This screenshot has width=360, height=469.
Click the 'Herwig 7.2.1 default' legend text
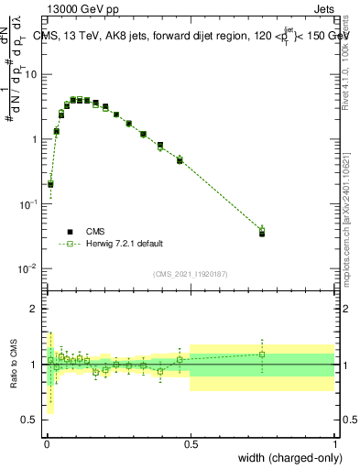[126, 244]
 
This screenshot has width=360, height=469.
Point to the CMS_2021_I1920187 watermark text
[191, 274]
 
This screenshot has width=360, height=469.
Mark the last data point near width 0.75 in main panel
[262, 233]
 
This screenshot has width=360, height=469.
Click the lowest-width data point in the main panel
[50, 184]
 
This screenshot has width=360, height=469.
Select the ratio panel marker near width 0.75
[262, 354]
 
